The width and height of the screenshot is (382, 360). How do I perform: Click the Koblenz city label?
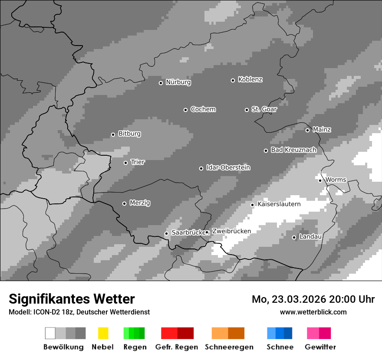point(250,80)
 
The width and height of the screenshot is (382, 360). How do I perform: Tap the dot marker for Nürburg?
point(161,83)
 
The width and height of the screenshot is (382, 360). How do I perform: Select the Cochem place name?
point(203,109)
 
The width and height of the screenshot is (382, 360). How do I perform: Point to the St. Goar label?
point(264,109)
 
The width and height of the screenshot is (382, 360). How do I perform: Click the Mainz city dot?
point(307,130)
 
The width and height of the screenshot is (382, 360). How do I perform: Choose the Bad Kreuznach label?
point(293,150)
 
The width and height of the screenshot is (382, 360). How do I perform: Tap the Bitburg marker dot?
point(113,134)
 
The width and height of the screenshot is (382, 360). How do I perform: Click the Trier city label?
point(138,162)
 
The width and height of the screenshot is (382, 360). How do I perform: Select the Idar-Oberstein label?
point(228,168)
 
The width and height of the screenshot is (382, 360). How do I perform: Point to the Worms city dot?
point(320,180)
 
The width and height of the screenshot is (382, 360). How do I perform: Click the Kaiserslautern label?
point(279,204)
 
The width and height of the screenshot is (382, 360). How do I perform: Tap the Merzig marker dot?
point(124,203)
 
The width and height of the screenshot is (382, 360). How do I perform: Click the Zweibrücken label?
point(231,231)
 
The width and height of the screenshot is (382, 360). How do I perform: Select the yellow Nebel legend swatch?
point(103,333)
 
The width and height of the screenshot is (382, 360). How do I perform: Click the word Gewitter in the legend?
point(320,347)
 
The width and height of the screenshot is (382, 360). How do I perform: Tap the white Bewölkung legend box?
point(50,333)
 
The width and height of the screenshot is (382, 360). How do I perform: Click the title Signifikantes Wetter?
point(72,299)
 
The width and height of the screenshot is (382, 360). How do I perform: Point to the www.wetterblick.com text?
point(313,312)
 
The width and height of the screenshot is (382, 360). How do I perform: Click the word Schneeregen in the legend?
point(229,347)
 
